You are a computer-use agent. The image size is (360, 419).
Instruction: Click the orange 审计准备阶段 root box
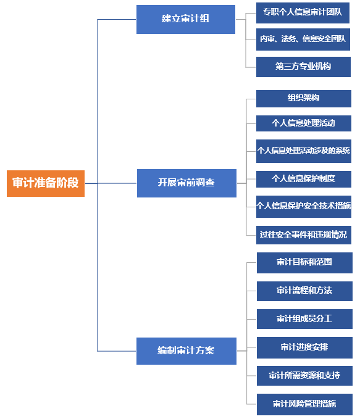pos(46,183)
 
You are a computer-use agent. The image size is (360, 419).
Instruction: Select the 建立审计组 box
pos(186,19)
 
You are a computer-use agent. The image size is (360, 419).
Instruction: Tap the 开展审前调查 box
pos(186,183)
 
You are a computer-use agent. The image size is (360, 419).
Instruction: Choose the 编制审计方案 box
pos(186,351)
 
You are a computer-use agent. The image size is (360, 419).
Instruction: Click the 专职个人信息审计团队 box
pos(303,13)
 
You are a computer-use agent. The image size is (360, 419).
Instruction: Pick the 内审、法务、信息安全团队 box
pos(303,39)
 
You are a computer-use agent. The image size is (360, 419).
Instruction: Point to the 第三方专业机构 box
pos(303,67)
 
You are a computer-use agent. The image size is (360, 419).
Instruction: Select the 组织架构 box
pos(304,99)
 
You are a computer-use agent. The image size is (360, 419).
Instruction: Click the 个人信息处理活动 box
pos(304,123)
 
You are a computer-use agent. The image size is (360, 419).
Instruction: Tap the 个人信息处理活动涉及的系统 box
pos(304,151)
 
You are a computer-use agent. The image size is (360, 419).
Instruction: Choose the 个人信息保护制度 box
pos(304,179)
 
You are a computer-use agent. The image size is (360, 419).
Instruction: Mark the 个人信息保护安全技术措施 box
pos(304,207)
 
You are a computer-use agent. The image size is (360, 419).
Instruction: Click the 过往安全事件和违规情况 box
pos(304,235)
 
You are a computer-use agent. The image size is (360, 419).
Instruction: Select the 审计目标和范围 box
pos(304,263)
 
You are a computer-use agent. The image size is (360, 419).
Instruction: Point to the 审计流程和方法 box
pos(304,291)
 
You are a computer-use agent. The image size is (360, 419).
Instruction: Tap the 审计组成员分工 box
pos(304,319)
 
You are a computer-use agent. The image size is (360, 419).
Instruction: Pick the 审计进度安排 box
pos(304,347)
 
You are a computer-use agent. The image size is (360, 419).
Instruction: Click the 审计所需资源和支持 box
pos(304,376)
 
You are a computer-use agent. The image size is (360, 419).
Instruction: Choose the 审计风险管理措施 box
pos(304,404)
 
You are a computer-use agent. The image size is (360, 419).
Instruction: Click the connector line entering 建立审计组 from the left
pos(117,19)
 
